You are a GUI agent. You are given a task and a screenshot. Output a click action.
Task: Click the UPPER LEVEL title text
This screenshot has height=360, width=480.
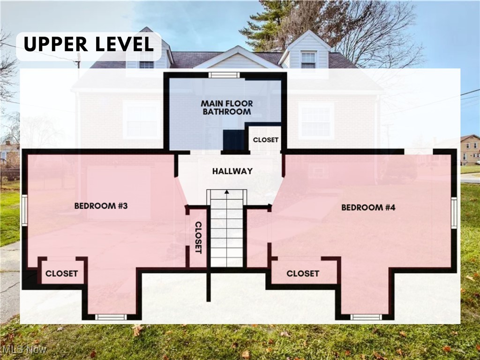pos(88,45)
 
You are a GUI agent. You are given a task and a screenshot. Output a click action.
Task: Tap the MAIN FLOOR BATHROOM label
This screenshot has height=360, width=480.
pos(226,107)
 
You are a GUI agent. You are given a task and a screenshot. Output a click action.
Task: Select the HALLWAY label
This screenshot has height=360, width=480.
pos(232,171)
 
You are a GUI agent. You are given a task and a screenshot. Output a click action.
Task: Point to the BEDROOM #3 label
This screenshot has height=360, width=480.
pos(97,206)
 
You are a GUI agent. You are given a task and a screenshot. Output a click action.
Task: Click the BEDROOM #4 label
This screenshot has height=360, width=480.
pos(368,207)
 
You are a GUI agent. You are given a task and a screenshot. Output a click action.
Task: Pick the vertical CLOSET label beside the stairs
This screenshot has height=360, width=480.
pos(198,237)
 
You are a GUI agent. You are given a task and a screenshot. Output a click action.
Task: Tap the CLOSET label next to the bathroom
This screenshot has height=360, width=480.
pos(266,140)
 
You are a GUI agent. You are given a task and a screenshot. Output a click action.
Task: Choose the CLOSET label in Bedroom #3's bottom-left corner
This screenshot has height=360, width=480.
pos(61,273)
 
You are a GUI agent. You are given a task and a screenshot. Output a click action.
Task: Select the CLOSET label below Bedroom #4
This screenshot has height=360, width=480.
pos(303,273)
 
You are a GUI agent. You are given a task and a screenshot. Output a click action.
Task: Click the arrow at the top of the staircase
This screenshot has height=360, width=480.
pos(227,192)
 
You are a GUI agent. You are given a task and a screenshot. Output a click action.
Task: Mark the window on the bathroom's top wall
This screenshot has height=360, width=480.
pos(224,75)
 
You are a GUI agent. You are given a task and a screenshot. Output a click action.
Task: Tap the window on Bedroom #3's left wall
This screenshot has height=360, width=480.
pos(24,210)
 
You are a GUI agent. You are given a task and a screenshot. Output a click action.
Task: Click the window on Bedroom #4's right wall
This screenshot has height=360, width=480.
pos(454,213)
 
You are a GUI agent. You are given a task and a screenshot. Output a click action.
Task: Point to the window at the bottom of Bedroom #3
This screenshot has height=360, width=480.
pos(111,317)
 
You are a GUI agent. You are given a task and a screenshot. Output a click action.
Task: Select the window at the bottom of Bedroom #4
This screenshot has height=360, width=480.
pos(366,317)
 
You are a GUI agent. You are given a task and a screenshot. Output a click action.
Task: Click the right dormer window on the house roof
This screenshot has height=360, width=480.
pos(308,60)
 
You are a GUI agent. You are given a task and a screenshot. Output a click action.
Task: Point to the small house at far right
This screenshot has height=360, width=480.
pos(470,149)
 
